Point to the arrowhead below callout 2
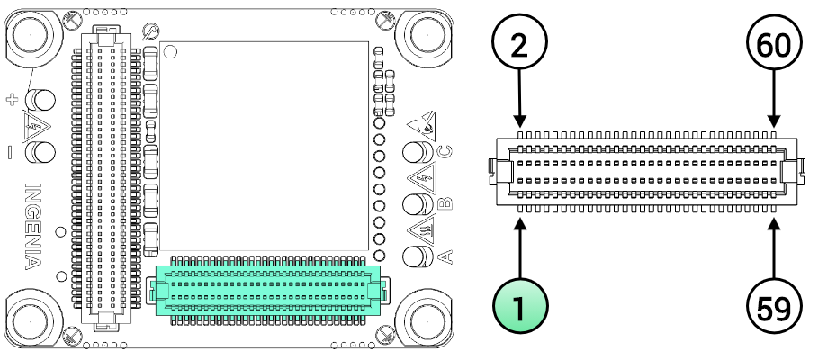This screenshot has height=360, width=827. pos(519,121)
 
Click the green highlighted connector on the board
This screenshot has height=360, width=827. pos(268,290)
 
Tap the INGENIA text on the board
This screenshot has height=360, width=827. pos(30,226)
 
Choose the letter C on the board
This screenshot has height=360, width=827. pos(443,151)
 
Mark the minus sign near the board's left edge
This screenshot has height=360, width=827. pos(10,152)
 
